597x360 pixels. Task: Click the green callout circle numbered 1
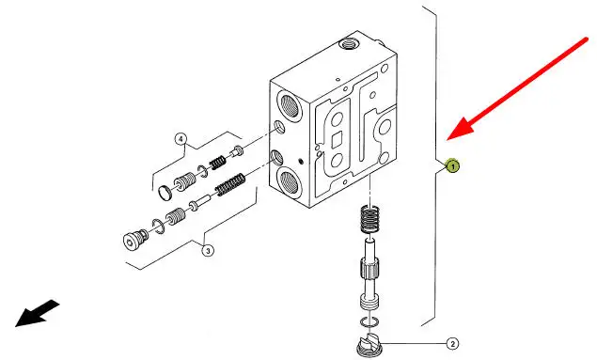pos(453,166)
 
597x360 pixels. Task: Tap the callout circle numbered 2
pos(452,344)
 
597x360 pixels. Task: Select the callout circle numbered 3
pos(208,251)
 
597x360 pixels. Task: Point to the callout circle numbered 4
pos(181,139)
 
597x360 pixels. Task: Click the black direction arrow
pos(37,313)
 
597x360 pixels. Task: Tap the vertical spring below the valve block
pos(369,218)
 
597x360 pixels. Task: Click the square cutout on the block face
pos(337,141)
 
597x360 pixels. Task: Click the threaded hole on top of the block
pos(348,44)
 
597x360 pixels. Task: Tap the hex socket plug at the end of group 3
pos(135,239)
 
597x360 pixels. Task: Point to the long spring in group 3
pos(230,185)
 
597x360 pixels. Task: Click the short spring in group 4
pos(218,163)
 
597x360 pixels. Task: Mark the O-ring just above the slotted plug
pos(369,321)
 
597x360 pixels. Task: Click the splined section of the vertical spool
pos(369,269)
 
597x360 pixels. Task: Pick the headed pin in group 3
pos(200,202)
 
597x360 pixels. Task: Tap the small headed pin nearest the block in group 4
pos(237,151)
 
